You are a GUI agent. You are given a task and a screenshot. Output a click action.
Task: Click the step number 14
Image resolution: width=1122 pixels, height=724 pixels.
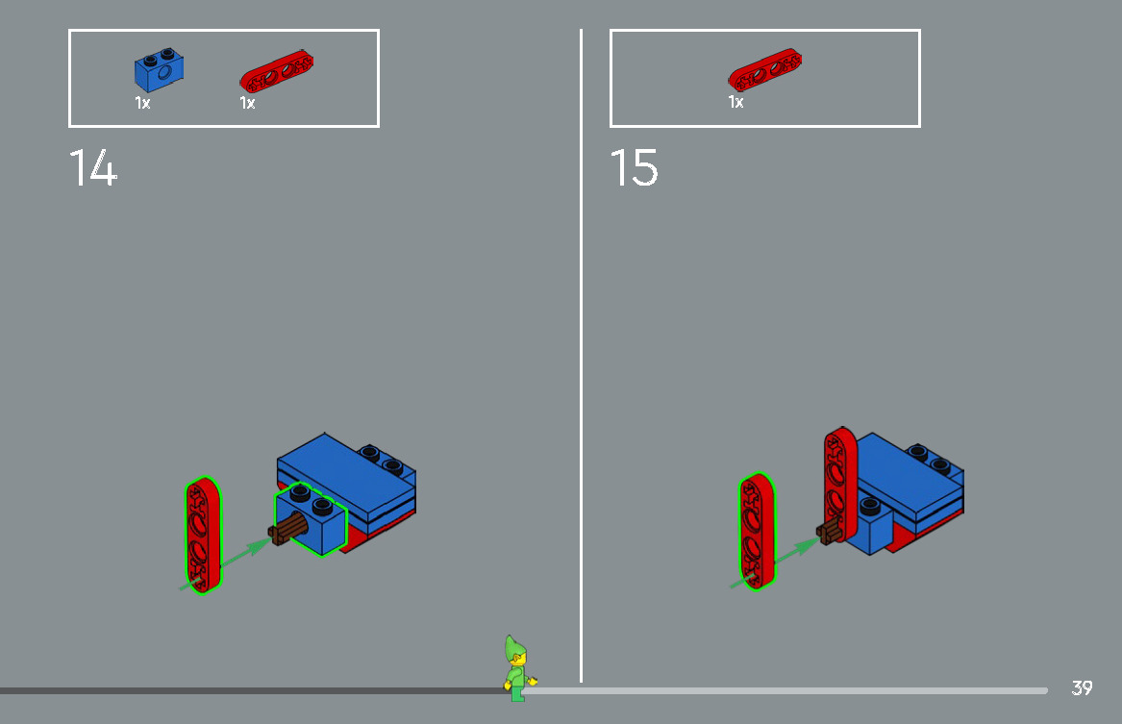pos(93,168)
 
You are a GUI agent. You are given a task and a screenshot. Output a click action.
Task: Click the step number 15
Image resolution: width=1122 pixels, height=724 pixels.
pos(635,168)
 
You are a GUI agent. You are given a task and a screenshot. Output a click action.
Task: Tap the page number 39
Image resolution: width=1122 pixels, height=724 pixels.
pos(1082,688)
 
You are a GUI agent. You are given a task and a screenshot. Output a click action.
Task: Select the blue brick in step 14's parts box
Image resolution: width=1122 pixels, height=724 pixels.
pos(160,70)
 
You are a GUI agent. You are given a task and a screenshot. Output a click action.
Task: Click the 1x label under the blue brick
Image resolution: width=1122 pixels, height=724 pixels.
pos(142,103)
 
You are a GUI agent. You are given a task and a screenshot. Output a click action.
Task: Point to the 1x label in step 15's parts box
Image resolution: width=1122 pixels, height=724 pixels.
pos(736,102)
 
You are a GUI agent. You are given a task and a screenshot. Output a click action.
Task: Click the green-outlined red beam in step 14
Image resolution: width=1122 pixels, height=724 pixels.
pos(202,535)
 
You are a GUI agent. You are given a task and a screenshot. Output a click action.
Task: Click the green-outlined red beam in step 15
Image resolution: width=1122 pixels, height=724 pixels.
pos(757,530)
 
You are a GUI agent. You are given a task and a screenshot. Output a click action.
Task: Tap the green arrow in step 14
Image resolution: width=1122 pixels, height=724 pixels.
pos(240,555)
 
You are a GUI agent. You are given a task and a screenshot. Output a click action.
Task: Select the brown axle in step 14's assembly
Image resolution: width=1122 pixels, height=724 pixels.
pos(289,530)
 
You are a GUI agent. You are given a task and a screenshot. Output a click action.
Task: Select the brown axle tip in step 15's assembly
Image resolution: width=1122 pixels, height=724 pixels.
pos(830,530)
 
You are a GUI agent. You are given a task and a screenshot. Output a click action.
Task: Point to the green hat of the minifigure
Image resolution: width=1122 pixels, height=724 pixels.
pos(513,647)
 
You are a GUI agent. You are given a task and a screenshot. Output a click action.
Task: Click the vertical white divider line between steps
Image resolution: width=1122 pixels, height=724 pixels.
pos(581,356)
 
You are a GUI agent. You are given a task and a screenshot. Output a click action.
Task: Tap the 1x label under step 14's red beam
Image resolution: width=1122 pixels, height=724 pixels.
pos(247,103)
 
